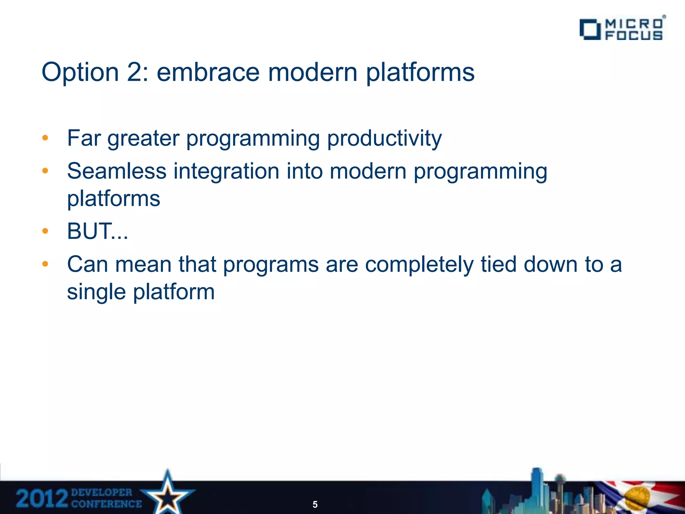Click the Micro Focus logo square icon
[x=590, y=29]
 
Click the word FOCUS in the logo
[x=634, y=35]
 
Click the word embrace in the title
[x=208, y=72]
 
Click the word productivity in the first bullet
[x=384, y=139]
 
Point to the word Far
[x=84, y=138]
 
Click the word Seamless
[x=117, y=171]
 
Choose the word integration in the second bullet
[x=226, y=171]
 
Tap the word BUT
[x=89, y=231]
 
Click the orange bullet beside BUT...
[x=45, y=231]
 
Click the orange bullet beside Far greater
[x=45, y=138]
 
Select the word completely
[x=419, y=265]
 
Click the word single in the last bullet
[x=96, y=292]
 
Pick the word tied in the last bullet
[x=499, y=264]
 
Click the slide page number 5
[x=315, y=504]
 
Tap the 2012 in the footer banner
[x=42, y=499]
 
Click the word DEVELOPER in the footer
[x=102, y=493]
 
